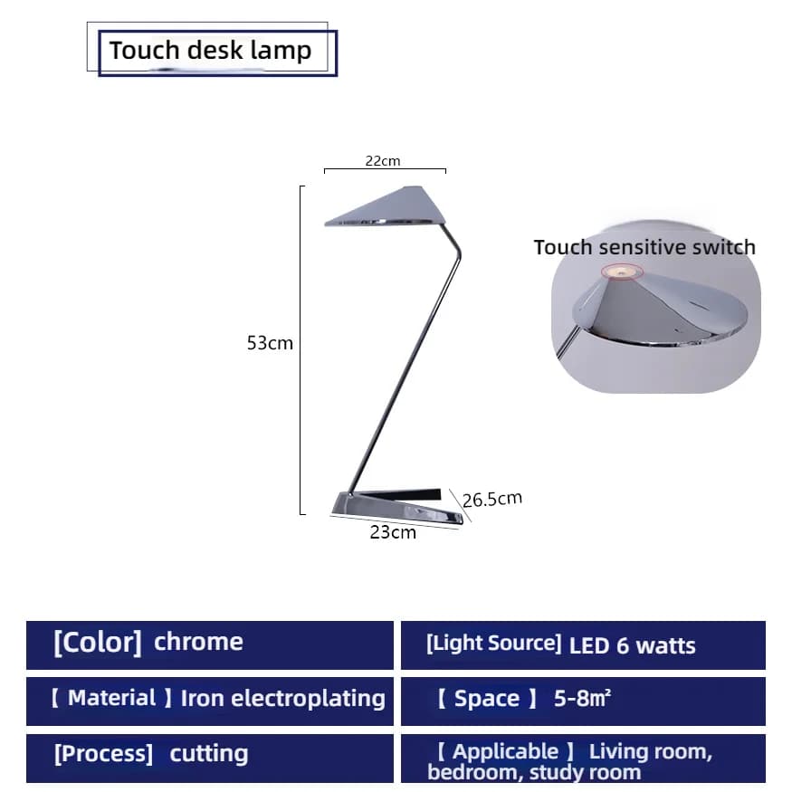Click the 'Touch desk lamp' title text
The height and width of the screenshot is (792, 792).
pos(210,51)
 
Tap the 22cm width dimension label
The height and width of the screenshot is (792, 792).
pos(383,161)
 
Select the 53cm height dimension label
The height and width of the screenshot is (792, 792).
pos(270,343)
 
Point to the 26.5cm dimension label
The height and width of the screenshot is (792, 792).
pos(492,499)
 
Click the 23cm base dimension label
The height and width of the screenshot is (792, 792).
pos(393,532)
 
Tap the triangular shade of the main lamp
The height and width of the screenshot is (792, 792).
pos(386,206)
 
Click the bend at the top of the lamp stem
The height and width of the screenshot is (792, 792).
pos(459,253)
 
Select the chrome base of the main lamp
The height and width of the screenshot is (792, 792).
pos(396,507)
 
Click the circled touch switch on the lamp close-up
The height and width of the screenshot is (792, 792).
pos(622,272)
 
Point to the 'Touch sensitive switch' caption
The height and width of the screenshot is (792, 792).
pos(644,247)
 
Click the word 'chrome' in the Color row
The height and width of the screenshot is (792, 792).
pos(198,642)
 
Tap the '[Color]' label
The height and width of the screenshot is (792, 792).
pos(98,643)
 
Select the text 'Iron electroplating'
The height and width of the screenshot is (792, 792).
pos(282,699)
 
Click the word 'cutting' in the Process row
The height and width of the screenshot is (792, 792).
pos(208,754)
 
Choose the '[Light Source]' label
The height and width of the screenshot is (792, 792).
pos(493,644)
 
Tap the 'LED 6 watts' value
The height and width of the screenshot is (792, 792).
pos(633,646)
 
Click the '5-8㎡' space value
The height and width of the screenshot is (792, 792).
pos(582,699)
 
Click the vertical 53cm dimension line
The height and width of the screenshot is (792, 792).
pos(301,350)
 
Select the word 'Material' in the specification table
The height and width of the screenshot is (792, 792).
pos(111,698)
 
